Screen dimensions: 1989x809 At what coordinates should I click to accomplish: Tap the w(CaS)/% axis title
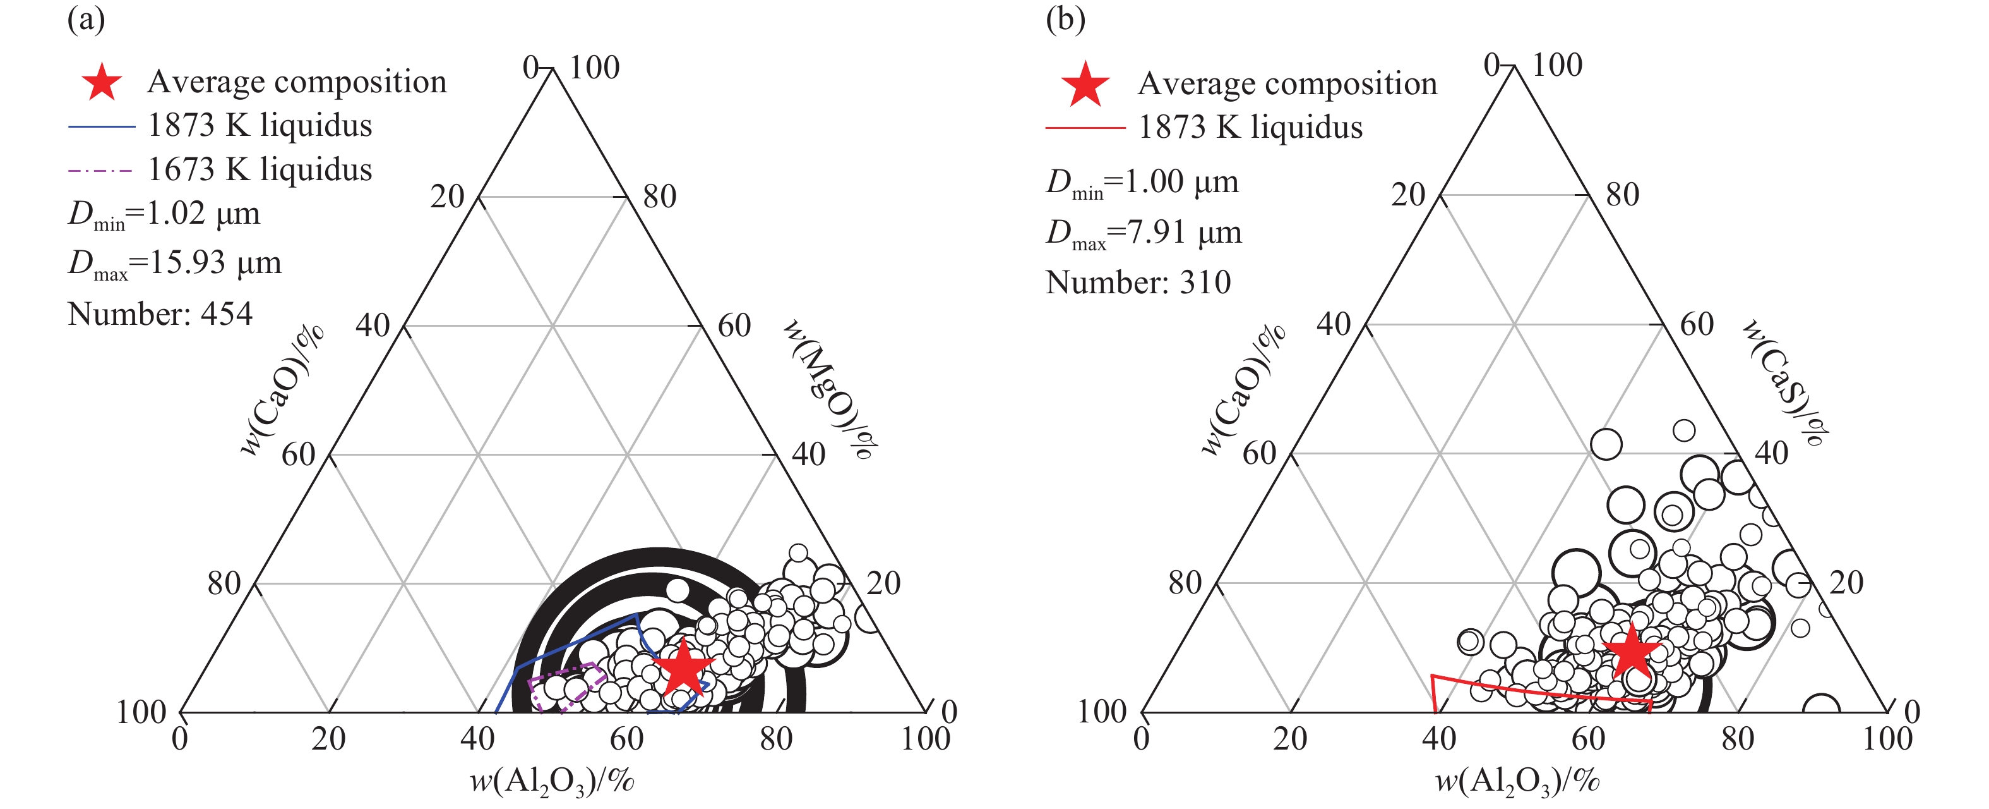point(1784,383)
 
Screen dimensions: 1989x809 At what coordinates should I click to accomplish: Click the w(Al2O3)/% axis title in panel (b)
point(1517,781)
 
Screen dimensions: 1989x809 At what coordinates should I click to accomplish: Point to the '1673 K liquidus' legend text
point(260,169)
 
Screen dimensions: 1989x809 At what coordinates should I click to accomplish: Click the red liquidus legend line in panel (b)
point(1085,128)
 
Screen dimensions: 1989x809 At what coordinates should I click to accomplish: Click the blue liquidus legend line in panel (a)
point(101,126)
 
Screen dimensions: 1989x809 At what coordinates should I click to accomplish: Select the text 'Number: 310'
point(1138,282)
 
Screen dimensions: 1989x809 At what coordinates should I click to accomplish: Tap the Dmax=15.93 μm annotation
point(174,264)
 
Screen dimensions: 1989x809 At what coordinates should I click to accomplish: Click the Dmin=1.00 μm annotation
point(1142,183)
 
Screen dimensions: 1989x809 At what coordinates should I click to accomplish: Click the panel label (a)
point(86,18)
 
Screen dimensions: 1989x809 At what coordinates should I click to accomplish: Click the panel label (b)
point(1066,18)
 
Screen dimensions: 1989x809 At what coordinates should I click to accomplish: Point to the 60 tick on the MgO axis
point(734,325)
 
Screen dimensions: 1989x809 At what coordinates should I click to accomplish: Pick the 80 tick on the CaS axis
point(1622,195)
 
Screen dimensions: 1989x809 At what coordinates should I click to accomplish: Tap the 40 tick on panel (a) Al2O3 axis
point(477,739)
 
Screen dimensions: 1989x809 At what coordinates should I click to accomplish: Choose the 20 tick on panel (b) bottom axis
point(1290,739)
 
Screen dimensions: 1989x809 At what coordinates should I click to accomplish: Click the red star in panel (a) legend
point(102,81)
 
